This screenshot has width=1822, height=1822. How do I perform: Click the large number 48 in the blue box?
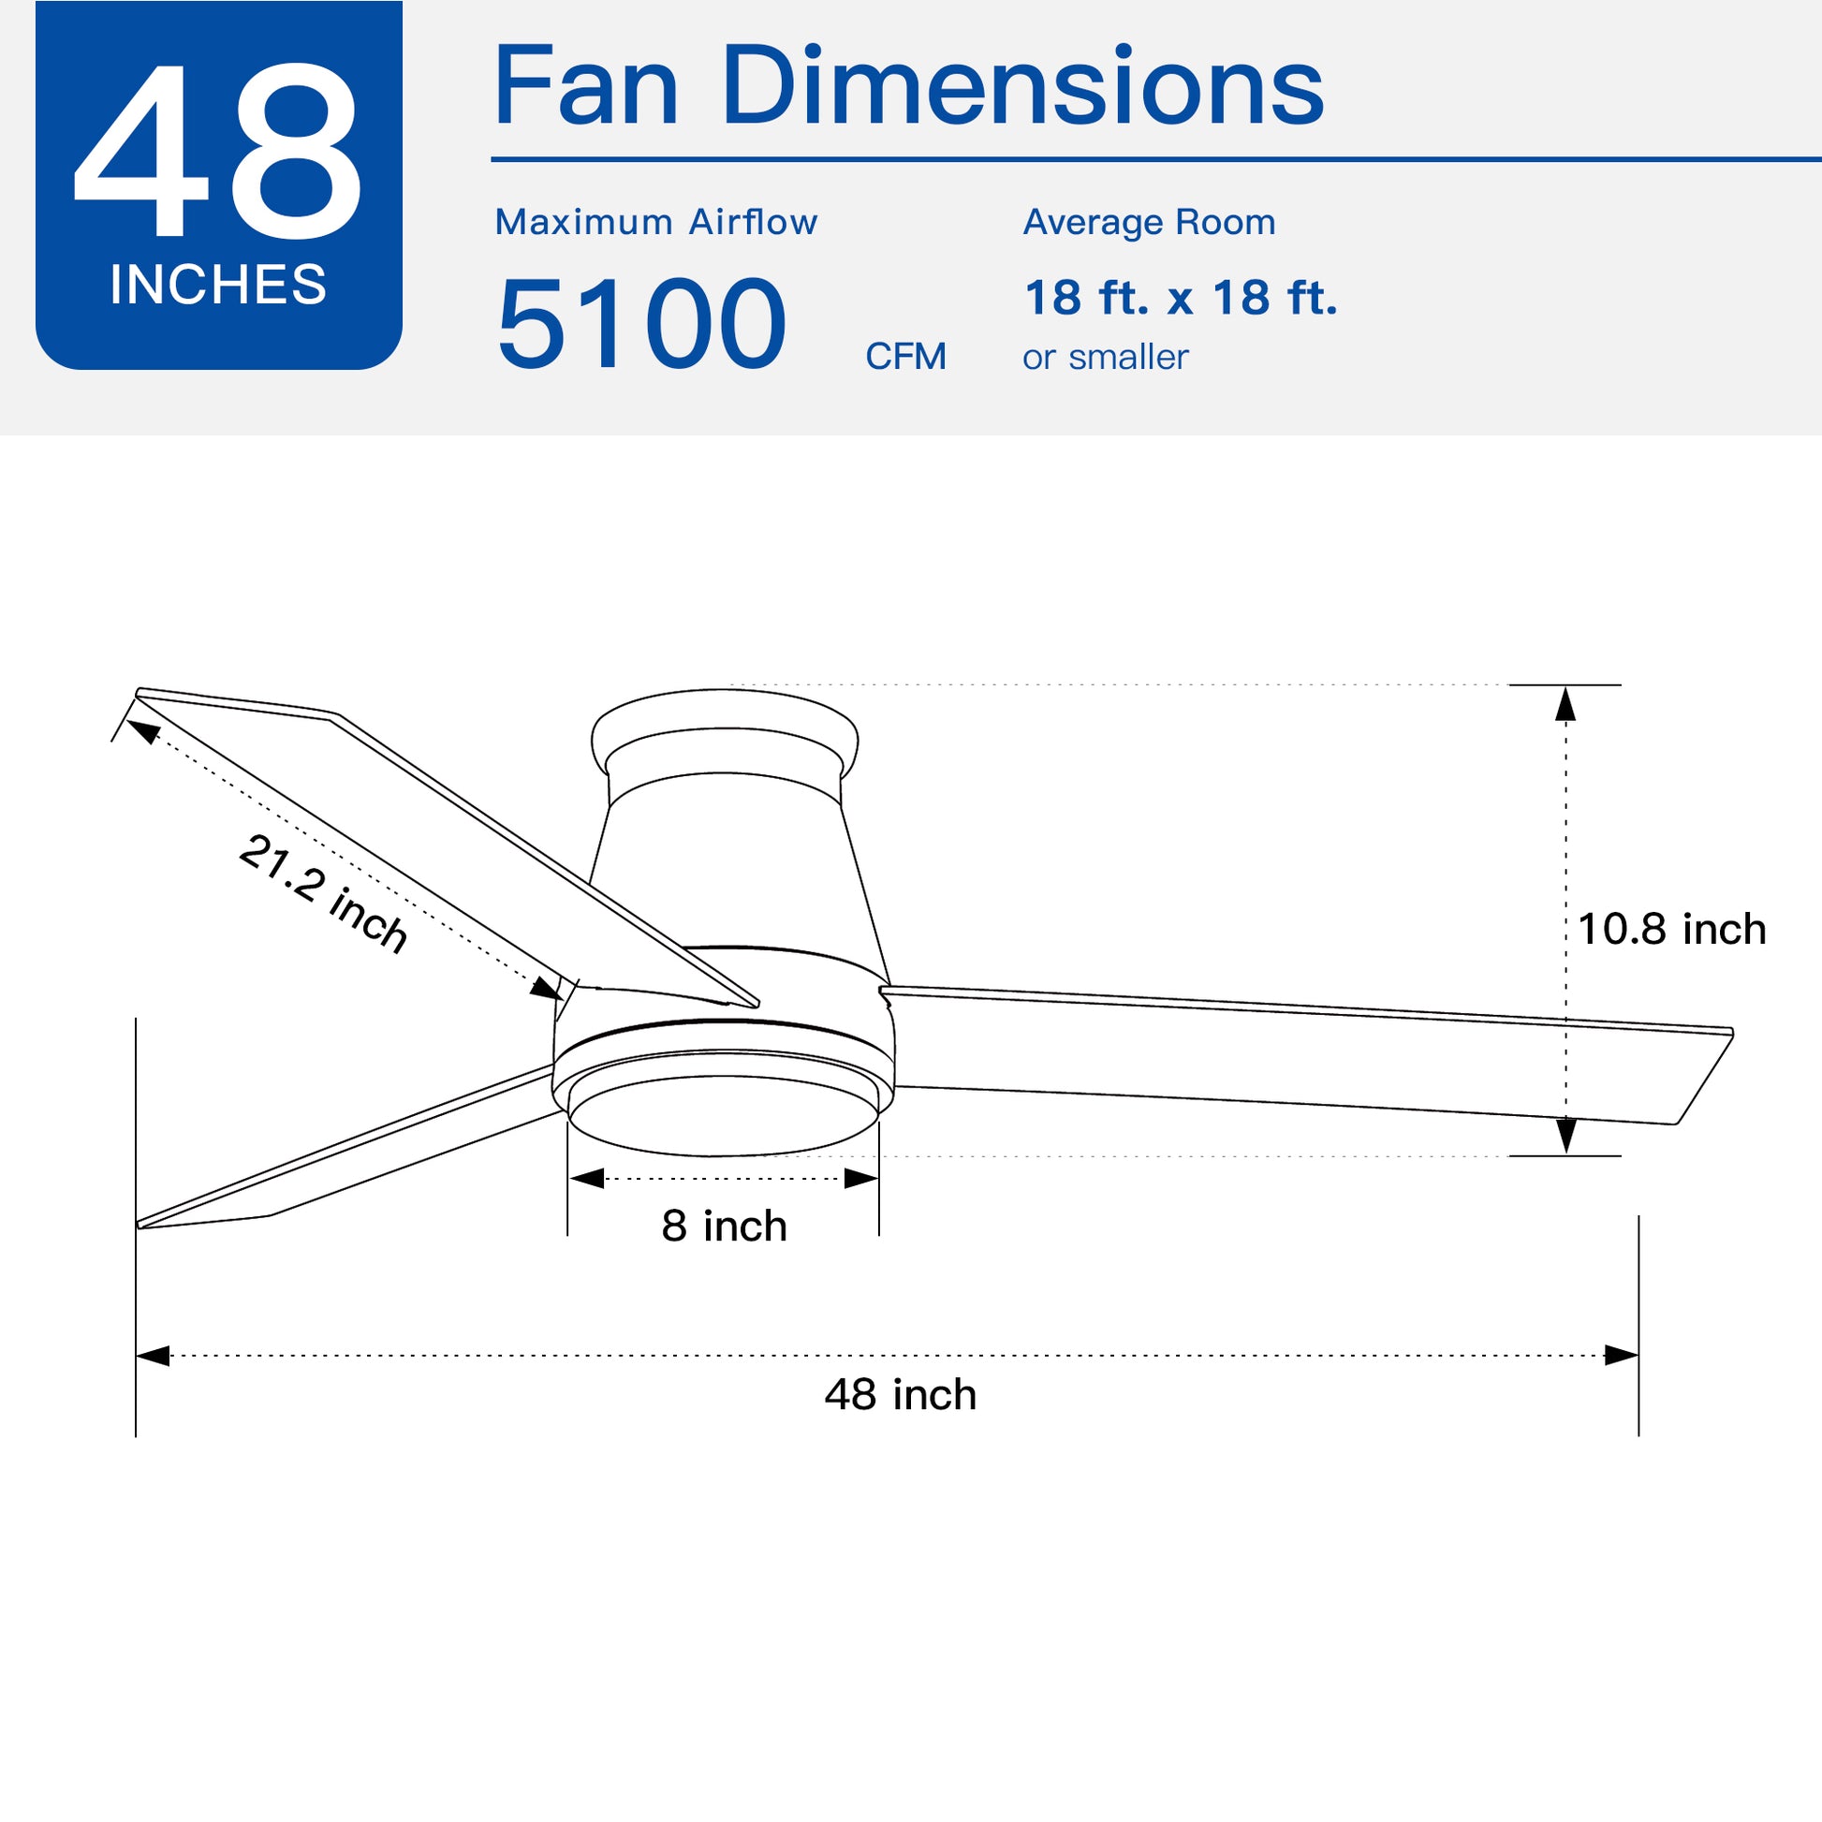[217, 151]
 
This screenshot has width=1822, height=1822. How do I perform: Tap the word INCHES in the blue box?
[218, 285]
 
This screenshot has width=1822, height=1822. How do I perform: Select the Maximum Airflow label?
[655, 223]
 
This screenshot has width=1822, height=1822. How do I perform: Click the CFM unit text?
[905, 357]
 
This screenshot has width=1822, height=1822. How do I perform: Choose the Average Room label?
[1149, 223]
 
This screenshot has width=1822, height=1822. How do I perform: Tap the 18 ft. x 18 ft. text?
[1180, 298]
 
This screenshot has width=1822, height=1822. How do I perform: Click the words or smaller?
[1104, 358]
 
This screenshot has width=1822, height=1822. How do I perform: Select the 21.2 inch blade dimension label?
[323, 892]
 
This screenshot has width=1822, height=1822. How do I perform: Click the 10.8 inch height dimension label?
[1671, 930]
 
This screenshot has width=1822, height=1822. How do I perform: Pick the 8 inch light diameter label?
[724, 1226]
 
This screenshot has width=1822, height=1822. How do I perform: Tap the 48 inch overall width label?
[900, 1395]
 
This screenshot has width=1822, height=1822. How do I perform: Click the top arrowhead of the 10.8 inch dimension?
[1565, 704]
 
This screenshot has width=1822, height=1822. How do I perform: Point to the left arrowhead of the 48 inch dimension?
[154, 1356]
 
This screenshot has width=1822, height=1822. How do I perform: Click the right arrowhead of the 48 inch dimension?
[1620, 1356]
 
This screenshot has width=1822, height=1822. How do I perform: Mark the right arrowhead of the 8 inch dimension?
[861, 1179]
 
